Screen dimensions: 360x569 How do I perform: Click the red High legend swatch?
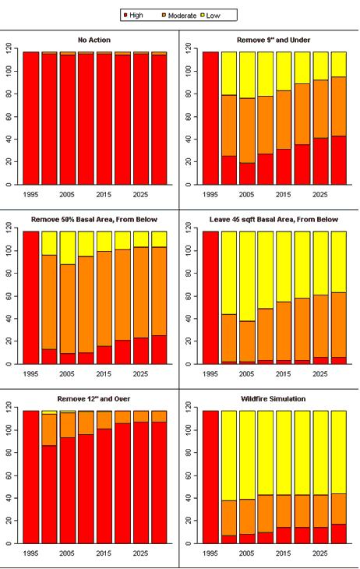pos(125,16)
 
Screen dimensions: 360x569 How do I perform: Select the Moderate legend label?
pos(182,16)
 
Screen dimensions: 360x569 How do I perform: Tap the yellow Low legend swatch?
pos(203,16)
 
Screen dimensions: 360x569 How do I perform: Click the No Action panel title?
pos(94,40)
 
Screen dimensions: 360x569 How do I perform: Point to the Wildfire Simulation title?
pos(274,399)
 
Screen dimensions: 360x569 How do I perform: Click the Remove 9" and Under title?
pos(274,40)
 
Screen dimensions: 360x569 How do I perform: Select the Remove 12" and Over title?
pos(94,399)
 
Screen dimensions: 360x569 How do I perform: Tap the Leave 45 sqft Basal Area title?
pos(274,220)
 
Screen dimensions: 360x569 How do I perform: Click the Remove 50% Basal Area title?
pos(94,220)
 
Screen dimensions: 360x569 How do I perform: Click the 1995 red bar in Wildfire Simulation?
pos(210,477)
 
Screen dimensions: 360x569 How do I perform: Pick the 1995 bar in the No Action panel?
pos(31,118)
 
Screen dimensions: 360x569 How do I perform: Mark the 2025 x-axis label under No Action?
pos(140,195)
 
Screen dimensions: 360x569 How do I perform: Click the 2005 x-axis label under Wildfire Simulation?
pos(247,553)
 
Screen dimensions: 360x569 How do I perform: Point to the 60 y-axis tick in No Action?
pos(9,116)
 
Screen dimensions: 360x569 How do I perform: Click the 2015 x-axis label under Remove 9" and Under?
pos(284,195)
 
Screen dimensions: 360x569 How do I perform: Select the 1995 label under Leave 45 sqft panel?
pos(210,374)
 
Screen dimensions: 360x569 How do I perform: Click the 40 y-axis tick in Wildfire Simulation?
pos(189,498)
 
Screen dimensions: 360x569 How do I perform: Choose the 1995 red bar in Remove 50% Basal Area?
pos(31,298)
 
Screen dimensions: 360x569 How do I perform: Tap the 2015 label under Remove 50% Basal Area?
pos(104,374)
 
